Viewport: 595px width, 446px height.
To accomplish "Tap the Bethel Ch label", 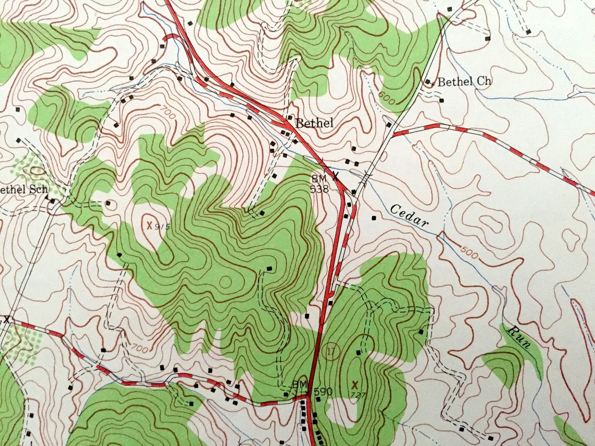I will click(465, 82).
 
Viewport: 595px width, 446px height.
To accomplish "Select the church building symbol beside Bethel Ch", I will click(428, 82).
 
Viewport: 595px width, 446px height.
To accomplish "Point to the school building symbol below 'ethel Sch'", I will click(53, 200).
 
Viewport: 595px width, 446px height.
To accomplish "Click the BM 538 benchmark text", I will click(318, 184).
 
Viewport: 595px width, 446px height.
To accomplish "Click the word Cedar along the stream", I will click(410, 216).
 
